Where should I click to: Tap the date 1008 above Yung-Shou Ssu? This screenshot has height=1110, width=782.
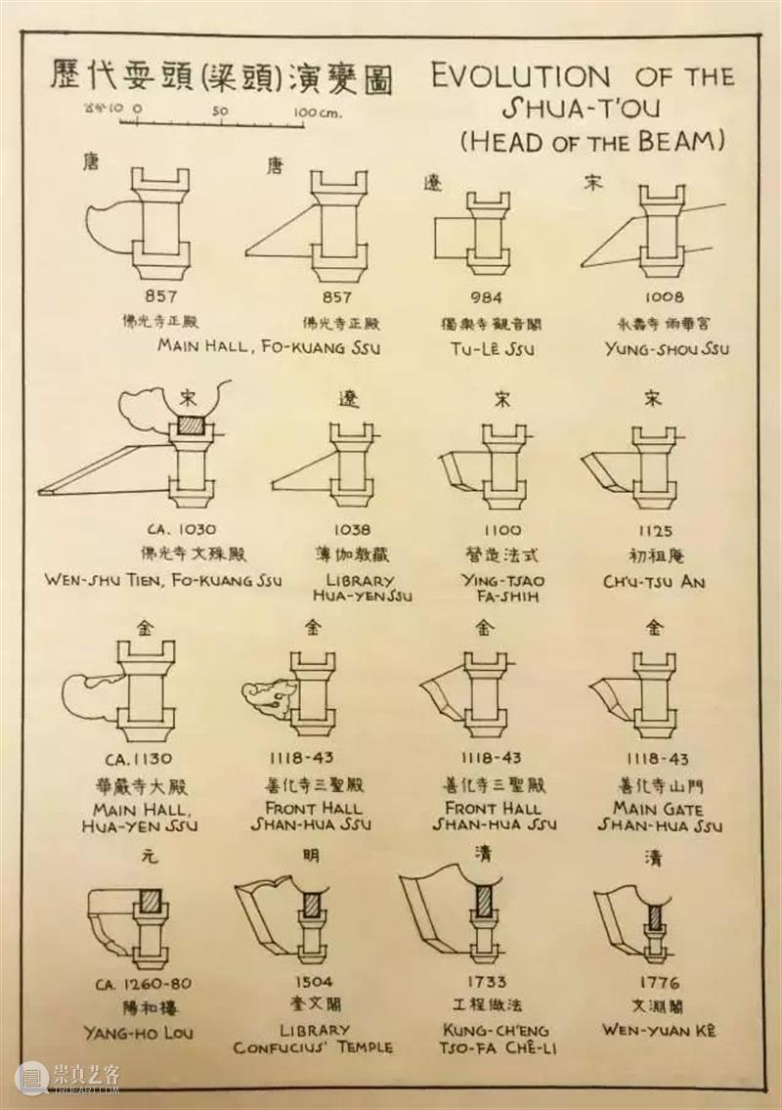pos(666,297)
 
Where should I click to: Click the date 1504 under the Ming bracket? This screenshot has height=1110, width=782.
pos(312,982)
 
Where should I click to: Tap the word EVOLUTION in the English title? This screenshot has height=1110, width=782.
pos(521,76)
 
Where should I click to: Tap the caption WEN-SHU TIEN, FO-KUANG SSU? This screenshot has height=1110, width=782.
pos(163,579)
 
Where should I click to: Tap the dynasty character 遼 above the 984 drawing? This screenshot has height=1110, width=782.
pos(432,183)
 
